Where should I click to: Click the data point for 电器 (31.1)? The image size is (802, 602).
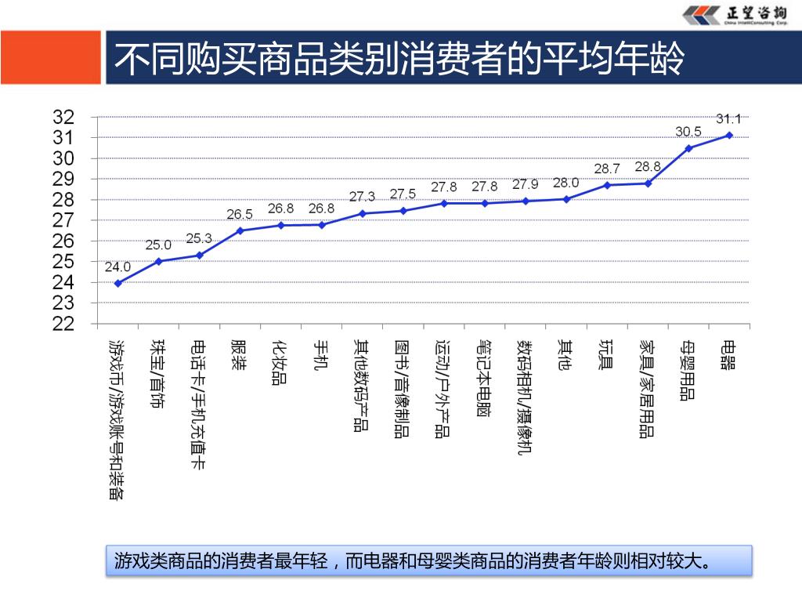729,135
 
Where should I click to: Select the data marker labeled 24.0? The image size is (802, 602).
117,283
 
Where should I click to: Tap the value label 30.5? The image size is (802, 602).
688,131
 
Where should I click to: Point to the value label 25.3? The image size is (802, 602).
199,238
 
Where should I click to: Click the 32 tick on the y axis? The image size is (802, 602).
63,118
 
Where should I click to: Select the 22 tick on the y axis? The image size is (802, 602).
63,324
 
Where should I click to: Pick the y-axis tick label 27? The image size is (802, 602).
63,220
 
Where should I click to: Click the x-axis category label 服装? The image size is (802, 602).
239,355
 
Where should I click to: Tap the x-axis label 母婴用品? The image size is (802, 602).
688,370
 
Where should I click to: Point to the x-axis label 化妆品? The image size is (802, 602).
280,362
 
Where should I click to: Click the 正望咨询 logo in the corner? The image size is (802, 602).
735,16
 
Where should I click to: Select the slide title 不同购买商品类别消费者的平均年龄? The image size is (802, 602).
399,59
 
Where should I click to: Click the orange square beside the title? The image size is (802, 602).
50,57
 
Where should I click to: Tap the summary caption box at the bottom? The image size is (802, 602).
428,561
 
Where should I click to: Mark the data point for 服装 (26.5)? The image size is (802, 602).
240,230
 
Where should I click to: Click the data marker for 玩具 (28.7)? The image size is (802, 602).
607,185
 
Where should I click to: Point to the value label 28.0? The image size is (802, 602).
565,183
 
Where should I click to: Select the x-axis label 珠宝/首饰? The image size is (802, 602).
158,374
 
